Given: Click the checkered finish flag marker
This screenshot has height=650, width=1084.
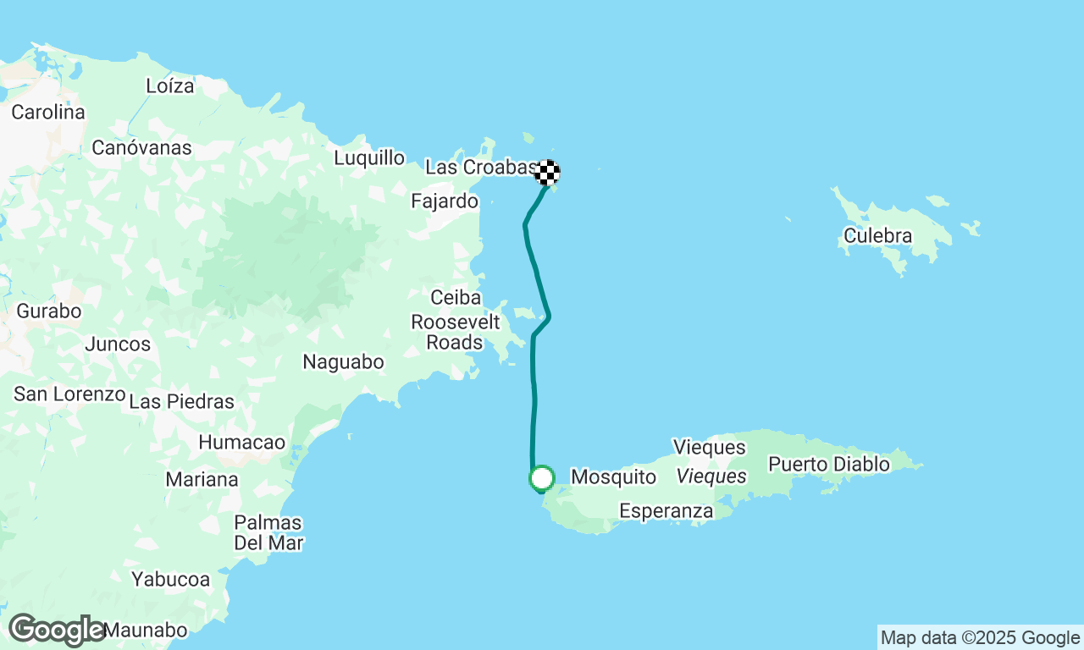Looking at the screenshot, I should (547, 173).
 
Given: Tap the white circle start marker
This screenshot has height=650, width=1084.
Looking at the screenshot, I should (541, 478).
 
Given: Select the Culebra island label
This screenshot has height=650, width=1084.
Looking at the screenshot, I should (878, 236).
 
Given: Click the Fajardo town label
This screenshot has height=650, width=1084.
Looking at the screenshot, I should (445, 201).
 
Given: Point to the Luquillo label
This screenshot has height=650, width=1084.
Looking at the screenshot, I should (368, 158).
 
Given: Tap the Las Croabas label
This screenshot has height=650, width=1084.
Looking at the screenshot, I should (480, 168).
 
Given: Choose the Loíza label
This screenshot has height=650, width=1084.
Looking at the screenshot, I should (170, 86).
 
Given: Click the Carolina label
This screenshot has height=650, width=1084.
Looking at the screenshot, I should (48, 113).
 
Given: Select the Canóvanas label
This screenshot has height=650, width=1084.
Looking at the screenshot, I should (141, 148).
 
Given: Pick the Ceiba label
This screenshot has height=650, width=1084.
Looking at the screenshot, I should (456, 298).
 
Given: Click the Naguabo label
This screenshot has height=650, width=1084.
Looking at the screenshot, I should (343, 362).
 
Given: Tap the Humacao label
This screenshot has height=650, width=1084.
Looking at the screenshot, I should (242, 443).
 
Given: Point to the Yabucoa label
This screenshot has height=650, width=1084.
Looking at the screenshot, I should (170, 580).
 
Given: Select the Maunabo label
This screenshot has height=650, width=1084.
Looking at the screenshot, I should (146, 631).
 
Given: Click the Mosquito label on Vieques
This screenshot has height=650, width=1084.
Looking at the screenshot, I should (613, 477).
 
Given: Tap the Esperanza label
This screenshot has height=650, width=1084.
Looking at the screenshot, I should (666, 511).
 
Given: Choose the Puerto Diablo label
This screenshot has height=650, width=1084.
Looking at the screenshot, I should (829, 465).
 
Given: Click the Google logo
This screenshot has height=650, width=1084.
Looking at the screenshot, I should (57, 631).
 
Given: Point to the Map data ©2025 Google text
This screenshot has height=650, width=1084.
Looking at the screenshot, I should (980, 638).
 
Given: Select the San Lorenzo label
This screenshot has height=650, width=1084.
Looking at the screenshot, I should (69, 394).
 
